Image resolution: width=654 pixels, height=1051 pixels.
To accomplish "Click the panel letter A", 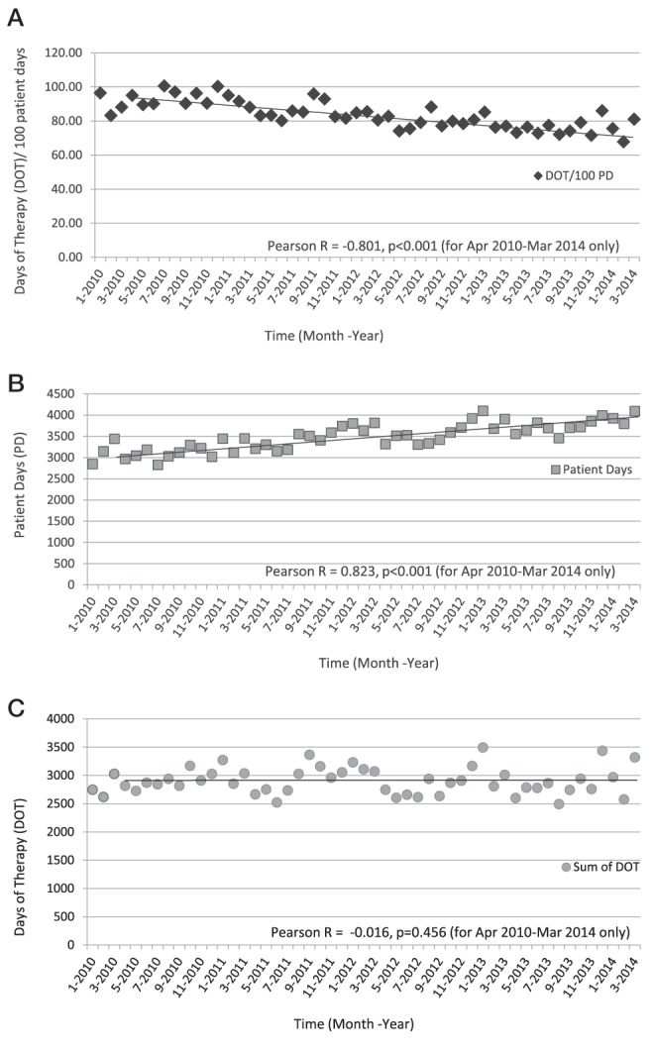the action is click(16, 18).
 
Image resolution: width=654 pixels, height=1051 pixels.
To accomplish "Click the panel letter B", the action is click(16, 382).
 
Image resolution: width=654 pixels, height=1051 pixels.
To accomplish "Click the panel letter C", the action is click(16, 707).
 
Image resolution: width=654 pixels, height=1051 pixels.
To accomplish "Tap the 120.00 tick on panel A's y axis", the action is click(63, 53).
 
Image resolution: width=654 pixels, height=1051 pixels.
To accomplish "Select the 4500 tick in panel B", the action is click(61, 394).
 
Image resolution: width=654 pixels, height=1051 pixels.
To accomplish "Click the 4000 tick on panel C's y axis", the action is click(61, 718).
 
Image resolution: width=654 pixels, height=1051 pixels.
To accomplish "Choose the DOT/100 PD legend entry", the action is click(574, 175).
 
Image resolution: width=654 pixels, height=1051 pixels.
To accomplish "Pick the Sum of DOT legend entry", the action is click(600, 867).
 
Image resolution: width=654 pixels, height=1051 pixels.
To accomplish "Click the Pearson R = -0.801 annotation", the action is click(443, 246).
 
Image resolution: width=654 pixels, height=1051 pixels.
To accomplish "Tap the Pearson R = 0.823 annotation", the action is click(440, 572).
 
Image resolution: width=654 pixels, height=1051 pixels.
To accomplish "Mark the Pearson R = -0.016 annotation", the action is click(450, 932).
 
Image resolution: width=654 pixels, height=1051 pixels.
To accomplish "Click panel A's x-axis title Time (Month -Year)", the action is click(324, 335).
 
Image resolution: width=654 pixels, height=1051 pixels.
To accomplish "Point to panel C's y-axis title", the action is click(20, 867).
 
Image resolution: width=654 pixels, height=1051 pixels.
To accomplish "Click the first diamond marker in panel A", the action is click(100, 92).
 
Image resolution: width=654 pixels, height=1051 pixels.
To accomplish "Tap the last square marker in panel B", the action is click(634, 411).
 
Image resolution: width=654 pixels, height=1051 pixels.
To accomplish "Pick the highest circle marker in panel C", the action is click(483, 747).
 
